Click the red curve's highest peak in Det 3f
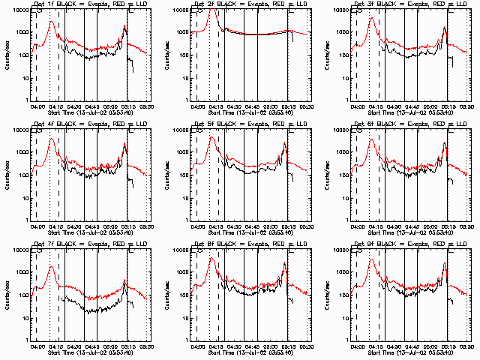370,18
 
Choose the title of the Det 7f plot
90,244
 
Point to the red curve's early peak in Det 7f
51,267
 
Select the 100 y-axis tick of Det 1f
23,55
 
